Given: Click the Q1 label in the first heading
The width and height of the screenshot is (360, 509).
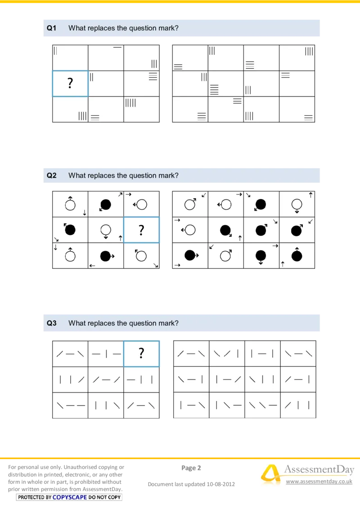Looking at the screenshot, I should [52, 28].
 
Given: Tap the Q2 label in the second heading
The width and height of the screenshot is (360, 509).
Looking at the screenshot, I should [52, 175].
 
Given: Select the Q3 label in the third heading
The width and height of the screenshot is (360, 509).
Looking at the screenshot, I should [52, 323].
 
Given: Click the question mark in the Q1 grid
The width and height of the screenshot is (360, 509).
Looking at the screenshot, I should [70, 83].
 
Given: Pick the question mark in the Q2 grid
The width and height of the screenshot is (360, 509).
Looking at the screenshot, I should [141, 230].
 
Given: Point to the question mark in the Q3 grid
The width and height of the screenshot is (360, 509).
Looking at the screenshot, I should [141, 353].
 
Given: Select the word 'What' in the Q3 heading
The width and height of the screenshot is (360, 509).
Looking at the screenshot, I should [76, 323].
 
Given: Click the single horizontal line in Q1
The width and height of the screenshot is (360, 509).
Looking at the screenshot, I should [117, 47].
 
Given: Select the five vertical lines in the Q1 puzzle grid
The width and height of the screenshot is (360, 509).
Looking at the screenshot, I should [130, 103].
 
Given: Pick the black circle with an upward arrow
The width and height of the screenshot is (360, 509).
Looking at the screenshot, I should [297, 255].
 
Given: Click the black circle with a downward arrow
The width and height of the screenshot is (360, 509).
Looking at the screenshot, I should [261, 256].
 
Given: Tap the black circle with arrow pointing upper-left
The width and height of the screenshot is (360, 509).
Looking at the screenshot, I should [69, 229].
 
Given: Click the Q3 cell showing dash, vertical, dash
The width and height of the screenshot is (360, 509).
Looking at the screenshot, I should [106, 354].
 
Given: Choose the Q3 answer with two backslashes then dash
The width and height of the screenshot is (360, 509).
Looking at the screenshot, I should [262, 405].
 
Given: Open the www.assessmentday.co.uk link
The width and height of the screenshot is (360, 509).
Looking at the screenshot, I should [319, 482].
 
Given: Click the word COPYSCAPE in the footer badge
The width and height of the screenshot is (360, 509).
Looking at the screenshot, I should [70, 497].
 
